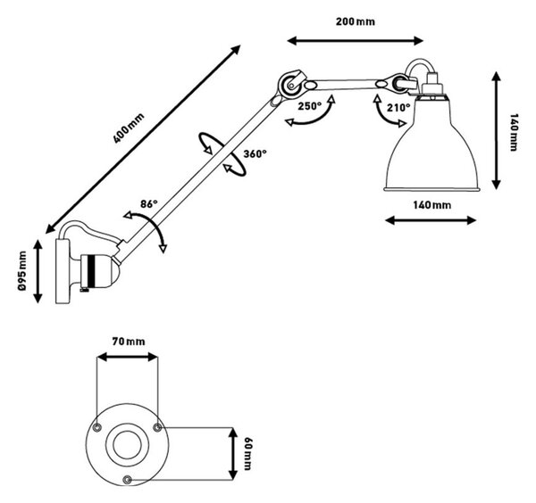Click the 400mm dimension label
coord(129,128)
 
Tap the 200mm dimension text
coord(356,21)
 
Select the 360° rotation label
coord(255,154)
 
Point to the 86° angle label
coord(149,203)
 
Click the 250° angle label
coord(310,106)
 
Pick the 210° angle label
coord(398,108)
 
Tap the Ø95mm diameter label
coord(22,271)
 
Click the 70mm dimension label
coord(129,342)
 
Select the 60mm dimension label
coord(247,453)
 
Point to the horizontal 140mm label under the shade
coord(431,205)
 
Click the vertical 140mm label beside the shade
coord(514,132)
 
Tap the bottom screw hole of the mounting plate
coord(128,480)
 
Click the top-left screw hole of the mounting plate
coord(97,427)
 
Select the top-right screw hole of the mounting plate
coord(157,427)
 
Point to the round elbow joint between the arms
coord(290,84)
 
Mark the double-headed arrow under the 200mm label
coord(356,41)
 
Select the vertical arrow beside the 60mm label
coord(233,454)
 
